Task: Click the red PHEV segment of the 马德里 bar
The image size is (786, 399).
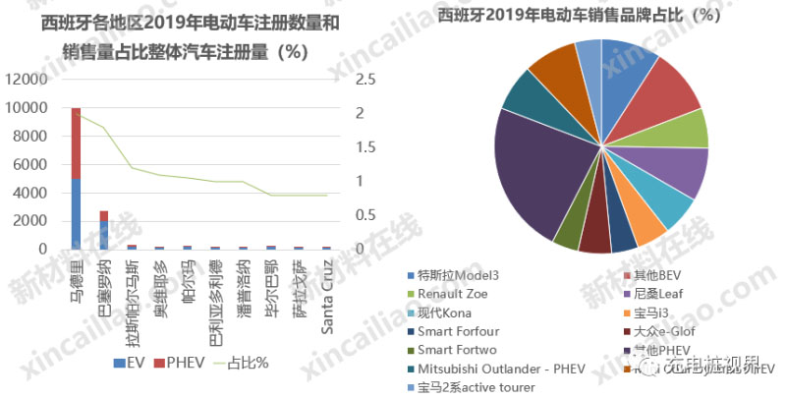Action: click(x=76, y=143)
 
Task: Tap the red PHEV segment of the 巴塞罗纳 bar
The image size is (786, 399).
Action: click(x=104, y=216)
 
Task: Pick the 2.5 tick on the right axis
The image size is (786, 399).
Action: click(x=365, y=80)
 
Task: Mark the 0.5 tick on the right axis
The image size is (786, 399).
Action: click(x=365, y=215)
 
